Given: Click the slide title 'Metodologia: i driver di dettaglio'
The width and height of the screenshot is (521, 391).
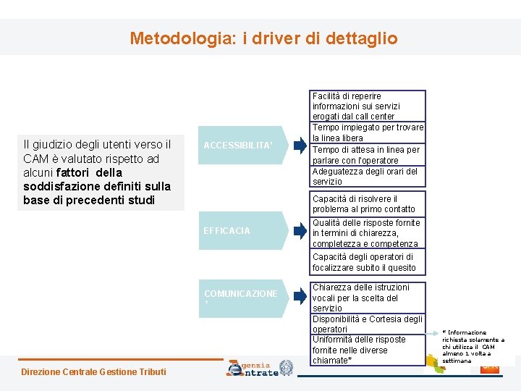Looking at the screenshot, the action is point(263,38).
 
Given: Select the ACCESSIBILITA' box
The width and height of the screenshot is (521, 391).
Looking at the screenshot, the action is point(242,145).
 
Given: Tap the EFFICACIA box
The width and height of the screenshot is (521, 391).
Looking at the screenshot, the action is point(242,231).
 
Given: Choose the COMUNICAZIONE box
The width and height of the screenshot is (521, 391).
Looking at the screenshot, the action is point(242,297).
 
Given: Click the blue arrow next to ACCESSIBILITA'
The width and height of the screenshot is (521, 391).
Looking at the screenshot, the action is point(300,145).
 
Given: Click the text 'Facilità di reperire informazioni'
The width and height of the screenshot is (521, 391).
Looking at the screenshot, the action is point(355,106).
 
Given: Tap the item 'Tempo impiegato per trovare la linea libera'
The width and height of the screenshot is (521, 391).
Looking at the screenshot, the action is point(368,133).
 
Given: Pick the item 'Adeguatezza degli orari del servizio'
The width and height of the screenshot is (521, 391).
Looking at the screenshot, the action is point(365,176).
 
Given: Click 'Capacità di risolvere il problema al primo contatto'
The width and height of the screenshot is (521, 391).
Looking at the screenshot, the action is point(363,203).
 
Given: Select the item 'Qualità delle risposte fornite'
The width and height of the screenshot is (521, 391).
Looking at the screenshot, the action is point(365,233).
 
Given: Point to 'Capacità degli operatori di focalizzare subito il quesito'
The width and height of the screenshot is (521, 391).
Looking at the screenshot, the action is point(363,262).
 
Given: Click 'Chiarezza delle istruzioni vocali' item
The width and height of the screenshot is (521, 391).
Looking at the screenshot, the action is point(360,298).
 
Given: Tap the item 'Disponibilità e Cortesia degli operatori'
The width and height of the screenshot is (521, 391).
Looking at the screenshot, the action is point(367,324).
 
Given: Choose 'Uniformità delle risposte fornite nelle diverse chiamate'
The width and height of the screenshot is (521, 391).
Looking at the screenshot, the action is point(359,350).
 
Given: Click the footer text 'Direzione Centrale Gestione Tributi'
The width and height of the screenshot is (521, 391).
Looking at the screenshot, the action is point(94,372).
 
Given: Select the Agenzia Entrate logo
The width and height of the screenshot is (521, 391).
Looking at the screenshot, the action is point(260,368).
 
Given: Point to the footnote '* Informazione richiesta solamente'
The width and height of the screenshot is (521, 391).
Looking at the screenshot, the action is point(473,346).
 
